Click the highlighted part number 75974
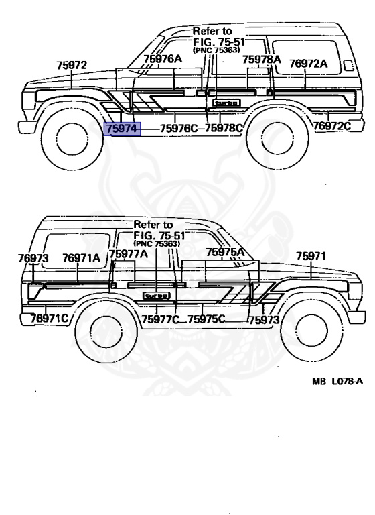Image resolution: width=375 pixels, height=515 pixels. tap(122, 129)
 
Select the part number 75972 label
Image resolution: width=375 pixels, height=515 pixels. tap(72, 65)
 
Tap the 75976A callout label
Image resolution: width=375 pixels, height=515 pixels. tap(163, 59)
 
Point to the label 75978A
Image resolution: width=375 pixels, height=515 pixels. tap(261, 60)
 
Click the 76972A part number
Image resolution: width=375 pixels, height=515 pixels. tap(309, 64)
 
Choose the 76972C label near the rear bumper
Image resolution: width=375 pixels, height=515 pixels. tap(332, 126)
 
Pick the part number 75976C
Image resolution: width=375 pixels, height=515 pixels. tap(179, 129)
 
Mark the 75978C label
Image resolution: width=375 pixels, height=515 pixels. tap(224, 128)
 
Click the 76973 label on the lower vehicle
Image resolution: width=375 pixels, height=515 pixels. tap(33, 258)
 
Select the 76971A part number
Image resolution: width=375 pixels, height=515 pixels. tap(82, 257)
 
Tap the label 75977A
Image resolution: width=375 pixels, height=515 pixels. tap(129, 254)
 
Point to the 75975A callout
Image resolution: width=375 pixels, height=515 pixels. tap(226, 252)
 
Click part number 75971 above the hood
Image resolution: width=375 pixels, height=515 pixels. tap(311, 256)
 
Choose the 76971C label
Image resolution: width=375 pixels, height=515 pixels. tap(49, 319)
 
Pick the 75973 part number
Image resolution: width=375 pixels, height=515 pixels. tap(264, 320)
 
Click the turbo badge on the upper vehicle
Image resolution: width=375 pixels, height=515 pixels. tap(227, 103)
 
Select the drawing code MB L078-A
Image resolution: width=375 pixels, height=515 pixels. tap(337, 381)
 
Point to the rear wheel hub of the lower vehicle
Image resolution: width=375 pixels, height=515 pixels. tap(105, 331)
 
